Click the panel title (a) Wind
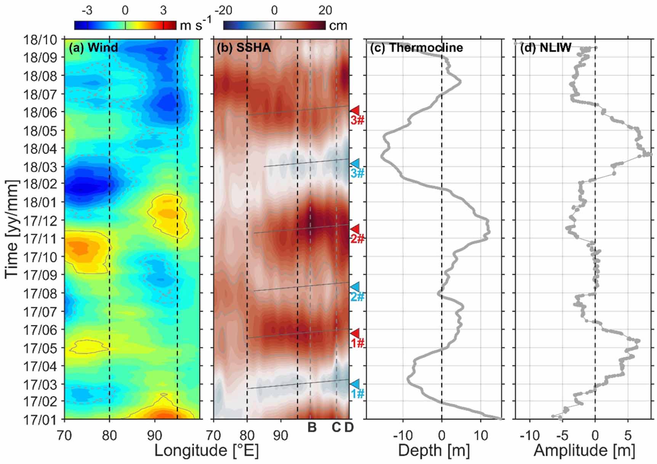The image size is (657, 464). click(93, 48)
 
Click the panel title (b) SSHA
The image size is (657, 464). click(244, 48)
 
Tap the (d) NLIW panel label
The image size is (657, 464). click(546, 48)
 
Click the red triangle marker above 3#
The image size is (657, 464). click(355, 110)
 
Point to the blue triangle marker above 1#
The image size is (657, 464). click(355, 383)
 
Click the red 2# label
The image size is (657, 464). click(357, 239)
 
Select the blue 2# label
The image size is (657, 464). click(357, 296)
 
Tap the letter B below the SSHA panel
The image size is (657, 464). click(312, 428)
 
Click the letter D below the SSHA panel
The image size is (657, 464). click(349, 428)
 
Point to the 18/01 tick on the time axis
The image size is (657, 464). click(40, 202)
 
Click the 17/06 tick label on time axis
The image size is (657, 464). click(40, 330)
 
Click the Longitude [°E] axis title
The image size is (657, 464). click(206, 451)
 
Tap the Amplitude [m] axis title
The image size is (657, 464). click(584, 451)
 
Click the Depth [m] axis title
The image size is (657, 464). click(434, 451)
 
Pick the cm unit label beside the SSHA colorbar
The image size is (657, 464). click(338, 26)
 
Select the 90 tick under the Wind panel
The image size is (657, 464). click(154, 435)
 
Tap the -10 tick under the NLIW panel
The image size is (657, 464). click(531, 435)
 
